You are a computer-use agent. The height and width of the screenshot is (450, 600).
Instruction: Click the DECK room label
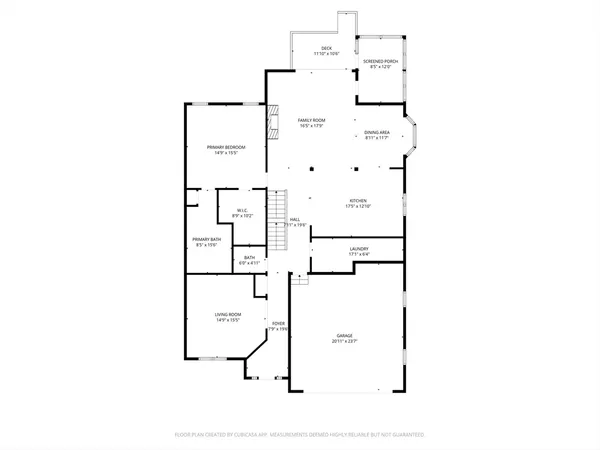[x=326, y=48]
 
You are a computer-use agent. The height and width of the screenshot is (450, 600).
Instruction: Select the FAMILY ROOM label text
[x=311, y=120]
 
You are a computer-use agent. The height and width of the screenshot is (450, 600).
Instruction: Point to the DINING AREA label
[x=377, y=132]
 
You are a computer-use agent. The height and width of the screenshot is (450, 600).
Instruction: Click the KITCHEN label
[x=358, y=199]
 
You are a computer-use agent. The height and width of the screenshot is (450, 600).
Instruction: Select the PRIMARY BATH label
[x=206, y=239]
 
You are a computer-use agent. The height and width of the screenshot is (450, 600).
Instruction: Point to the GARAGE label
[x=349, y=335]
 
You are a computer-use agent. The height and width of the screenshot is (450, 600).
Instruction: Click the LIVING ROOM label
[x=228, y=314]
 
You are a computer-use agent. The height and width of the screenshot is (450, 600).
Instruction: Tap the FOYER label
[x=280, y=323]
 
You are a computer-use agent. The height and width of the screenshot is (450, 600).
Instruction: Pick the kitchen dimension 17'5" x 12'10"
[x=358, y=206]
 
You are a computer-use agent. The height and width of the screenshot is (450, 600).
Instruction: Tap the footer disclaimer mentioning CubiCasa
[x=300, y=435]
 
